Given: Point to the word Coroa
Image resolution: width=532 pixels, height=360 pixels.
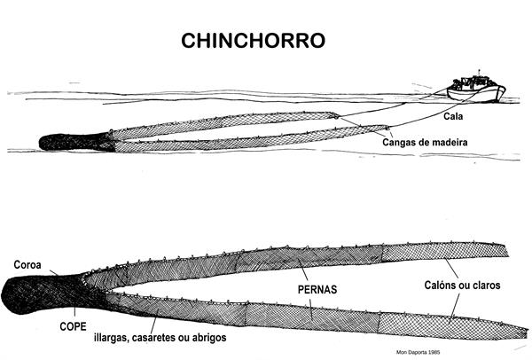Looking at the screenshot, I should click(x=28, y=264).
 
